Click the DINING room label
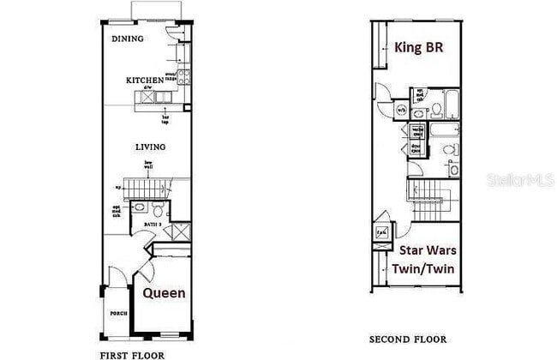click(x=129, y=39)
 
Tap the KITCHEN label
click(x=145, y=80)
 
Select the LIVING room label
click(x=150, y=147)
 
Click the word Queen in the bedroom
click(x=164, y=293)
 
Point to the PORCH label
click(x=117, y=314)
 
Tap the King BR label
click(x=418, y=47)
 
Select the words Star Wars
click(x=428, y=251)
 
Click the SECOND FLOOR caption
click(x=408, y=339)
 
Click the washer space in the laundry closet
click(x=416, y=132)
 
